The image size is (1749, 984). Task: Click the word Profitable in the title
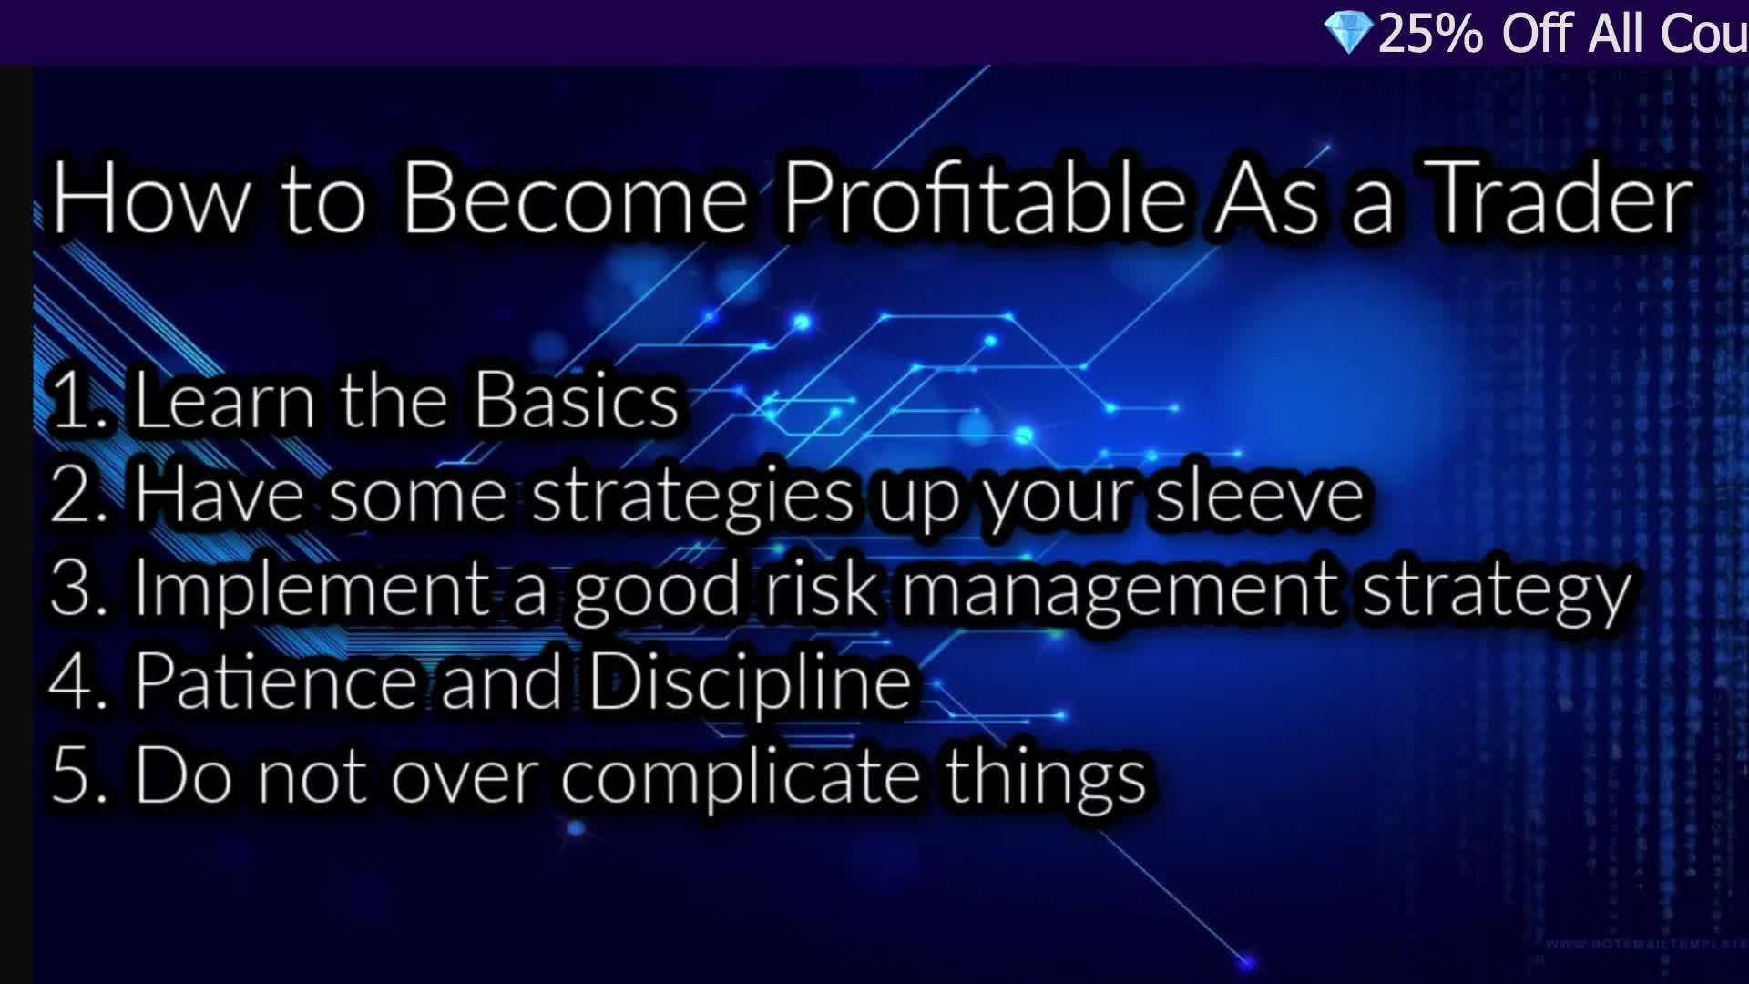[x=984, y=199]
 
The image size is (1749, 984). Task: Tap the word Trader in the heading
[x=1561, y=199]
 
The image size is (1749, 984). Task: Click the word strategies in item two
[x=692, y=497]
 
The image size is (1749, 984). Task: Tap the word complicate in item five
[x=740, y=777]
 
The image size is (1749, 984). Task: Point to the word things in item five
[x=1045, y=777]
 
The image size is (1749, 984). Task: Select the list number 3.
[x=73, y=589]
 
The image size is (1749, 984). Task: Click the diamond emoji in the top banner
[x=1348, y=33]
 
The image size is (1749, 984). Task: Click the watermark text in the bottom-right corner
[x=1644, y=945]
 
